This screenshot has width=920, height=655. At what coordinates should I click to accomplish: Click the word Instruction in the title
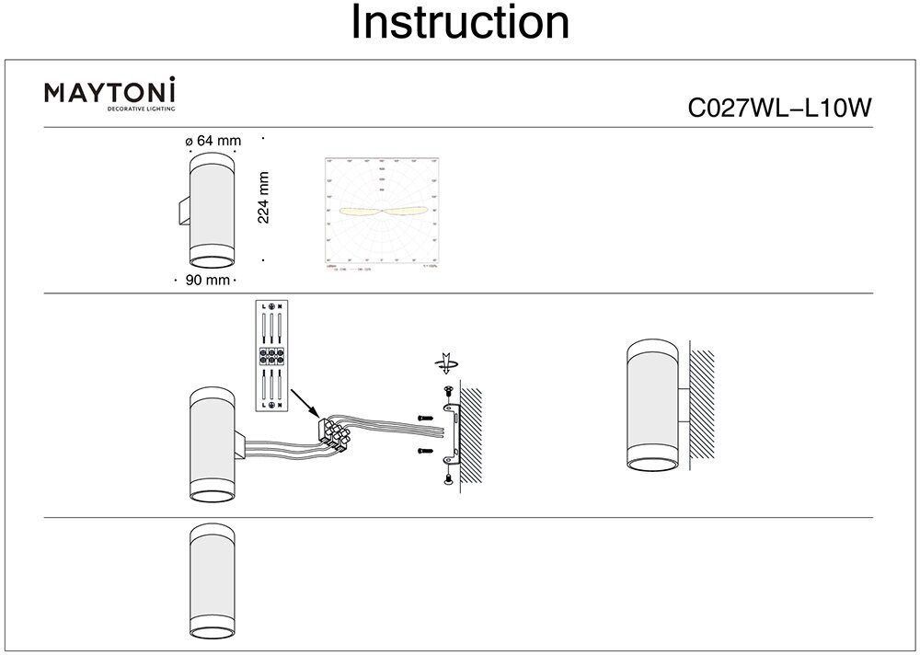coord(460,23)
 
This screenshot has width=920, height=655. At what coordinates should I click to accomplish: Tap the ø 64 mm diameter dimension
coord(213,141)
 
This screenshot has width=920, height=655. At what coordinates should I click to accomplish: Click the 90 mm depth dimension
coord(207,280)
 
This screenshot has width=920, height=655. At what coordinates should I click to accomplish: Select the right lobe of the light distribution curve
coord(406,212)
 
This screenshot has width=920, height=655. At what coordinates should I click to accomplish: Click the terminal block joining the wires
coord(333,432)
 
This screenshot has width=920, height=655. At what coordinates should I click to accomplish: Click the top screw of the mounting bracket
coord(447,393)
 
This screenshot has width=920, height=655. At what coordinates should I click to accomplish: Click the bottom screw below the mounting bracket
coord(447,477)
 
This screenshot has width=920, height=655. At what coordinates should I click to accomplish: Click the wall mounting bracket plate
coord(453,434)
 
